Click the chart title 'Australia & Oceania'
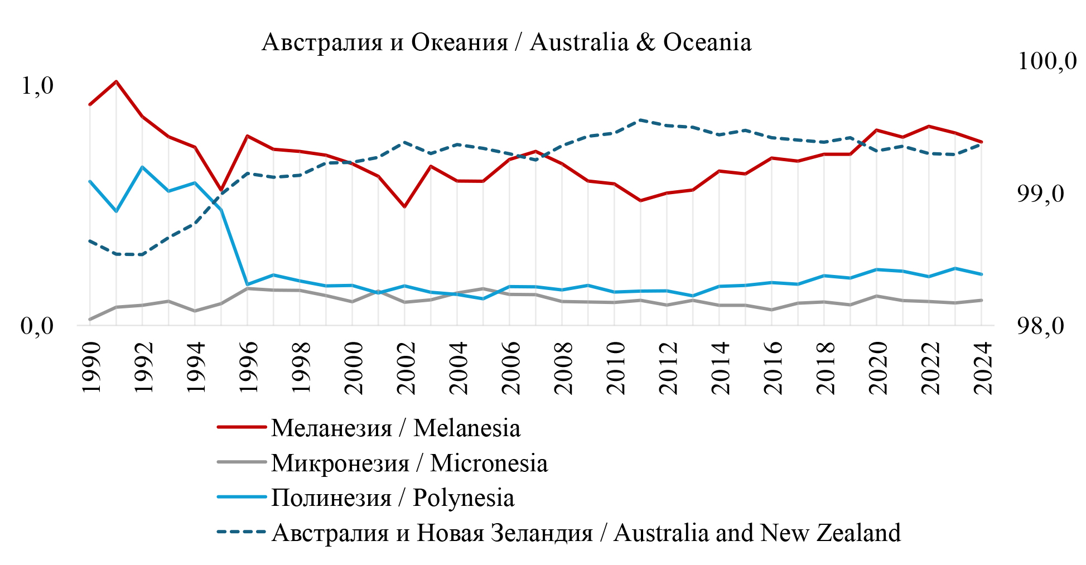(506, 42)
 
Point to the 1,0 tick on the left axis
(37, 86)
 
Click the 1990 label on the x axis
(90, 368)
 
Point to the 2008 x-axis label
(562, 368)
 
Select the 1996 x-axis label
(248, 368)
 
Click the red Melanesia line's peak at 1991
(116, 81)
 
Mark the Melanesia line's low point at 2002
(405, 207)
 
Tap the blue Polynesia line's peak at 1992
(142, 167)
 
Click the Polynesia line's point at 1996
(247, 284)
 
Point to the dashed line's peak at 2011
(641, 120)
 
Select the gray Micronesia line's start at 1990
(90, 319)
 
